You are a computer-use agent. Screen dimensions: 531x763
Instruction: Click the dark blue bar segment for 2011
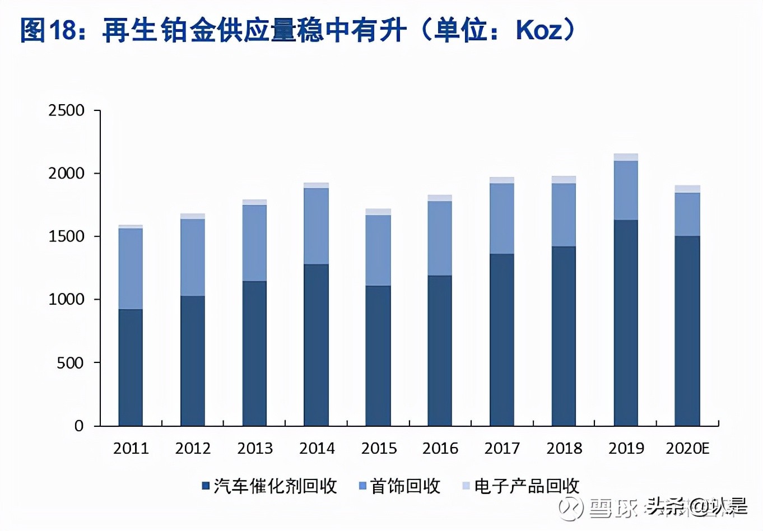[131, 367]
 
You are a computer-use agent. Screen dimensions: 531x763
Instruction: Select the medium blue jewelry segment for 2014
[317, 226]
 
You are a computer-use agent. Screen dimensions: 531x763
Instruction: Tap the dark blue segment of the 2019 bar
[626, 322]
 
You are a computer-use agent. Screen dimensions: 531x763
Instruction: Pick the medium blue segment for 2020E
[687, 214]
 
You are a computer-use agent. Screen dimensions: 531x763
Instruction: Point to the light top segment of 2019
[626, 157]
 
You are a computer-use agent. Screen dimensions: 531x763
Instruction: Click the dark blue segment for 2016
[440, 350]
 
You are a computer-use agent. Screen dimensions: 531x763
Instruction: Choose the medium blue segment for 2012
[193, 257]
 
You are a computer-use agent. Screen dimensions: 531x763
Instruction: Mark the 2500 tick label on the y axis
[66, 110]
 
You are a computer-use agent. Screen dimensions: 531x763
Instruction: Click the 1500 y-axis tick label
[66, 236]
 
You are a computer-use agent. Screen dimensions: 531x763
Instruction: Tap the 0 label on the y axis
[79, 426]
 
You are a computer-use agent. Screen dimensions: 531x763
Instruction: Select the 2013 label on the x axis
[255, 448]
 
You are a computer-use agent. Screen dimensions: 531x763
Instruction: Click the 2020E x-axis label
[687, 448]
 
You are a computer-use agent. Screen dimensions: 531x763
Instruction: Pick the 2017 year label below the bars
[502, 448]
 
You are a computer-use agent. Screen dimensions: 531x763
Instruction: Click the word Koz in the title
[538, 30]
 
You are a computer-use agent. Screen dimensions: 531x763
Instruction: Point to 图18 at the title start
[48, 30]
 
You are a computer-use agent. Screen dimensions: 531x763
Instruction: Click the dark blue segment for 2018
[564, 336]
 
